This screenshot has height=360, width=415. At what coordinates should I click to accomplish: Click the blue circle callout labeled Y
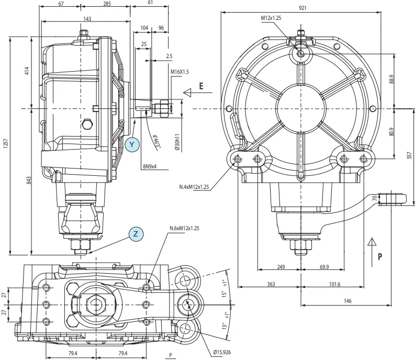tap(132, 144)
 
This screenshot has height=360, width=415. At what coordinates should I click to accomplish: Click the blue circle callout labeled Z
tap(136, 234)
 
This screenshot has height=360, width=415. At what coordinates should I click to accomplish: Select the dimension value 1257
tap(6, 147)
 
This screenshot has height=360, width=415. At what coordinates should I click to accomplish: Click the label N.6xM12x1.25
tap(184, 228)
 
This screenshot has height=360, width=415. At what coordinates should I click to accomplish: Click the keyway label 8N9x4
tap(150, 166)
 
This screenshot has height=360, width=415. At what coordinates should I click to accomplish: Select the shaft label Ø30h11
tap(177, 142)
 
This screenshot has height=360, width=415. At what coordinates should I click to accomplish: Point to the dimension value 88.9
tap(391, 79)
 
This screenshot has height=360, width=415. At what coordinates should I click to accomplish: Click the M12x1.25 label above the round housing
tap(271, 18)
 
